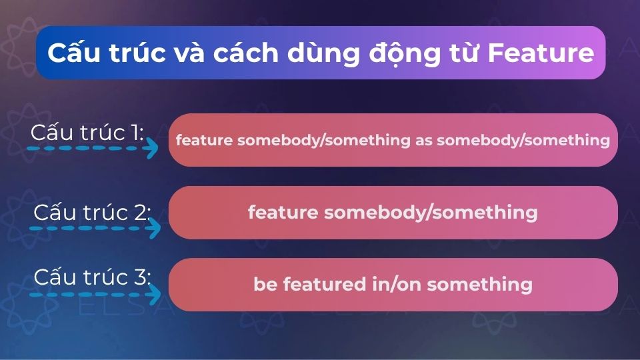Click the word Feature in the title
coord(541,53)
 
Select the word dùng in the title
coord(324,54)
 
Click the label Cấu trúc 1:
coord(87,133)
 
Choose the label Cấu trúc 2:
coord(92,212)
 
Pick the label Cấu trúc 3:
coord(92,277)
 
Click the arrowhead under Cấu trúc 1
coord(151,148)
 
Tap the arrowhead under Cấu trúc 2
coord(154,228)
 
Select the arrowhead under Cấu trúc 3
coord(154,294)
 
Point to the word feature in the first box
coord(204,140)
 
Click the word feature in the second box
coord(283,212)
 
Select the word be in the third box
coord(265,284)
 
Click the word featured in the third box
coord(325,284)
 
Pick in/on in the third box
coord(396,285)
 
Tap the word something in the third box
coord(479,285)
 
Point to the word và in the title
coord(189,53)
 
